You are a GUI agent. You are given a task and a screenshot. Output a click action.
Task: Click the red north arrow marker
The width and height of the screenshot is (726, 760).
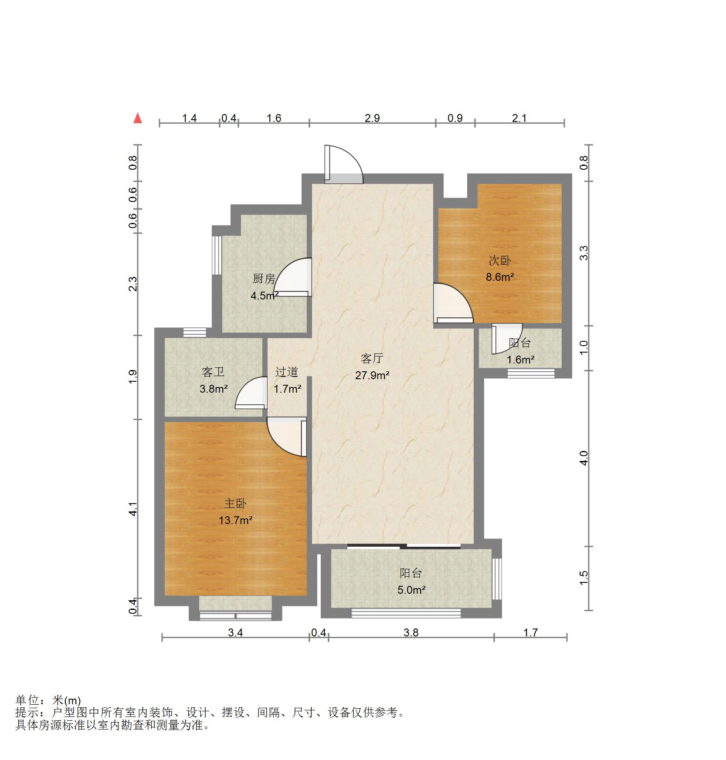[138, 118]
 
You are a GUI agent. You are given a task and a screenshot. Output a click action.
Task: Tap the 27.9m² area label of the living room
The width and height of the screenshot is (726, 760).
[372, 375]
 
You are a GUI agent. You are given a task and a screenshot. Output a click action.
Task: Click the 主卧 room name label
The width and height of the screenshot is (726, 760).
[235, 504]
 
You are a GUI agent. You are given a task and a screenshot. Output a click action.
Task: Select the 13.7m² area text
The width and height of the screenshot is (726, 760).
[236, 520]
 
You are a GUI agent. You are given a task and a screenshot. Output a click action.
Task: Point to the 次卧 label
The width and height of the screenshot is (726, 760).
[499, 261]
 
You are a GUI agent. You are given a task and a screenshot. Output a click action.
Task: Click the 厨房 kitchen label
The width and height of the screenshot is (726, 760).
[264, 279]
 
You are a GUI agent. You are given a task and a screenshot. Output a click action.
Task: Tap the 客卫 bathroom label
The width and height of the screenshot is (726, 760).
[213, 372]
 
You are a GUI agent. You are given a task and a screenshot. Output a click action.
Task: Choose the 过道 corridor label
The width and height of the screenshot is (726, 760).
[287, 372]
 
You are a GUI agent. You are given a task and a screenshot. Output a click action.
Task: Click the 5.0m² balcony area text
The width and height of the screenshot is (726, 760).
[411, 590]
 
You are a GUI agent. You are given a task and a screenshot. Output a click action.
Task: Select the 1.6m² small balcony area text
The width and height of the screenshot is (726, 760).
[520, 360]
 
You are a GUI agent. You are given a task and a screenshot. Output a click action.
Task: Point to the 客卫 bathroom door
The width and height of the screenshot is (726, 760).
[251, 393]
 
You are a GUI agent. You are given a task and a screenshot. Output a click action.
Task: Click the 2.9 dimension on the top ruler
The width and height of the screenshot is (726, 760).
[373, 118]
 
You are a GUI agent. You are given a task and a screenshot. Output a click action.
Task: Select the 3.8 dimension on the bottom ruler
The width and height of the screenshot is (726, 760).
[411, 632]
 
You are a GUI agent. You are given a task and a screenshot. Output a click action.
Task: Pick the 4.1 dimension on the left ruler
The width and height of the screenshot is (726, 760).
[133, 509]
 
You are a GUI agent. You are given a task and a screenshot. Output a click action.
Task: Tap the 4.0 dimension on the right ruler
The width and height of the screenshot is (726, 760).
[584, 458]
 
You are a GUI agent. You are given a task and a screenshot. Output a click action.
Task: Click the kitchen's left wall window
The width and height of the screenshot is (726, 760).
[217, 255]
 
